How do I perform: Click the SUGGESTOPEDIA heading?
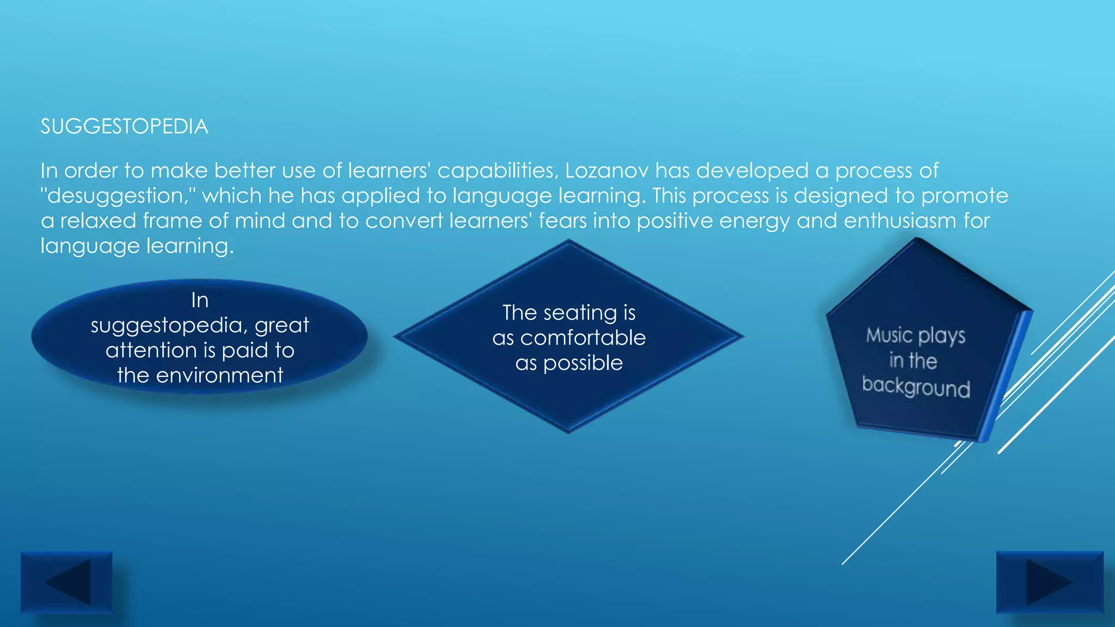124,127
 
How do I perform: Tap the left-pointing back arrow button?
66,582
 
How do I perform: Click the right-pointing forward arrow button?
1050,582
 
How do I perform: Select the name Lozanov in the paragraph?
606,171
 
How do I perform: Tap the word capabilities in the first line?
498,171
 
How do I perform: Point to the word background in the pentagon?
916,387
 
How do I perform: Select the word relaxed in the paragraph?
98,221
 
